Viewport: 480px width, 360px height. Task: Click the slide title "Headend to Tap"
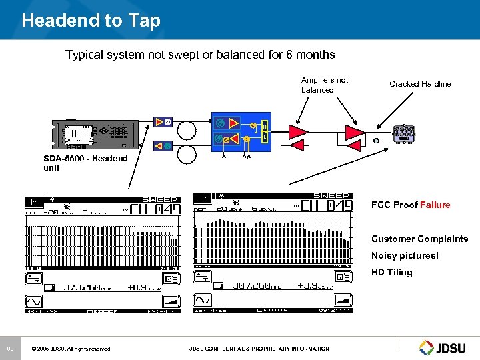91,21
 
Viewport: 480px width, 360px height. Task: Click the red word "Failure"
435,205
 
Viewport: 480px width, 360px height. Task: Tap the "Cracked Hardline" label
419,84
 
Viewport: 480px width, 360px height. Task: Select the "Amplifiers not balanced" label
325,85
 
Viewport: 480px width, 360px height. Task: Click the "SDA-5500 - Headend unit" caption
81,163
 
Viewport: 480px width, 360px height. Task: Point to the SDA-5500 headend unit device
97,134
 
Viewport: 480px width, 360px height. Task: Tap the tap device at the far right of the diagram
404,133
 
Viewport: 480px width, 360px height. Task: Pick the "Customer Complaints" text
419,239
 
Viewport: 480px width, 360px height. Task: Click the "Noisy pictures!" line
405,255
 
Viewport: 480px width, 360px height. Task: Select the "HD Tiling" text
391,272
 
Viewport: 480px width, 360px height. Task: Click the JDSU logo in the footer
445,347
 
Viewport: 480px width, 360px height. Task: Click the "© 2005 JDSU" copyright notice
71,349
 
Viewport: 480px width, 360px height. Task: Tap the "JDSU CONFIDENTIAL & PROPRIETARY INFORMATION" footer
259,349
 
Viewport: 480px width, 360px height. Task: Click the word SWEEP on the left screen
161,199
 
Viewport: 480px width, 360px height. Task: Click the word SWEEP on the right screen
331,196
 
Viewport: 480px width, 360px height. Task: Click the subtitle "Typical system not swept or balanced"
199,55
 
